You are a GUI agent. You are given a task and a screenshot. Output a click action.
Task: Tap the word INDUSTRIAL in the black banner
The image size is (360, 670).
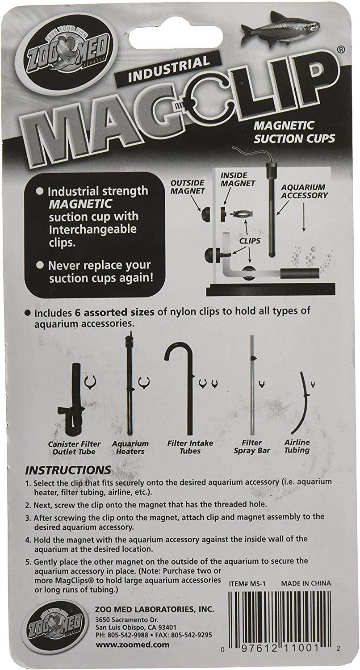tap(169, 69)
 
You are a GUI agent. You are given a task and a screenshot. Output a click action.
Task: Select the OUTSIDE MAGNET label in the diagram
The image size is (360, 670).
tap(188, 187)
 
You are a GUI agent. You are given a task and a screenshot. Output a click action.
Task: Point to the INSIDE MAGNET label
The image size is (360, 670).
tap(238, 179)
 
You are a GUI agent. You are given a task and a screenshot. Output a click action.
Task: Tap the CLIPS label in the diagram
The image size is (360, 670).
tap(249, 241)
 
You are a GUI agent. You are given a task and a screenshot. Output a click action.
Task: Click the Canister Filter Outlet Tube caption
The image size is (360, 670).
tap(74, 448)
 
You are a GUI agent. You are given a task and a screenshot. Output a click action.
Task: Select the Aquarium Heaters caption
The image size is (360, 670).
tap(130, 448)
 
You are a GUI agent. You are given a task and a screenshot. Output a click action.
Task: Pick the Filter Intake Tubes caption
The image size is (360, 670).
tap(190, 447)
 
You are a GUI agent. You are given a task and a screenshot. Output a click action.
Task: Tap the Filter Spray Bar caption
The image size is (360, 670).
tap(252, 446)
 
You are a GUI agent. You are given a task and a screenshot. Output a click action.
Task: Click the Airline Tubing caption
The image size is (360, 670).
tap(297, 446)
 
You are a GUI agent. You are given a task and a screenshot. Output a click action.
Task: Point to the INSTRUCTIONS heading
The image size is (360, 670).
tap(68, 470)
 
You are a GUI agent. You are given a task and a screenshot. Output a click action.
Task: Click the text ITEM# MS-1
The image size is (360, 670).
tap(247, 583)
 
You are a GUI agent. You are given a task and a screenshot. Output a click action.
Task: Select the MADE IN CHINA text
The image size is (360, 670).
tap(306, 583)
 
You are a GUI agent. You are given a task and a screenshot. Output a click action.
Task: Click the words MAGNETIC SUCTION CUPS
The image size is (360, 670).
tap(294, 132)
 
